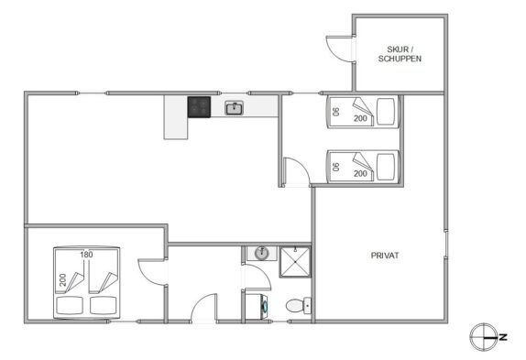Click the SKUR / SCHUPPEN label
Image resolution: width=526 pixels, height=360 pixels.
coord(400,54)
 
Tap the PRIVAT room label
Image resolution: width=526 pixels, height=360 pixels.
coord(385,256)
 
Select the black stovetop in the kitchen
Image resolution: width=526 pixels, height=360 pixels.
coord(199,107)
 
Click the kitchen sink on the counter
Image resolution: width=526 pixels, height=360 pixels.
coord(235,108)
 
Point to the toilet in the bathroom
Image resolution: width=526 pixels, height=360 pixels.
coord(299,305)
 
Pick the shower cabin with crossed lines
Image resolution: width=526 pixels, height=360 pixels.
coord(295,262)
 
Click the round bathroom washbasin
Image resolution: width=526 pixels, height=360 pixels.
coord(262,254)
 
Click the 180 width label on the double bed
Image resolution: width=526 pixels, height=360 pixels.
coord(86,255)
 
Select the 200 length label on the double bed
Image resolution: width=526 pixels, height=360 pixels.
coord(62,280)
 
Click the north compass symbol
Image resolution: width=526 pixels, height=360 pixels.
coord(483,337)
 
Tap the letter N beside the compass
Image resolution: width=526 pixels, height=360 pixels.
coord(503,337)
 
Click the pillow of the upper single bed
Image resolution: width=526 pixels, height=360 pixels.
coord(386,112)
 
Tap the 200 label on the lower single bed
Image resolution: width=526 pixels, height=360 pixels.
coord(360,174)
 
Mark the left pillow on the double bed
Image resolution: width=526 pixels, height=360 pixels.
coord(70,305)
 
